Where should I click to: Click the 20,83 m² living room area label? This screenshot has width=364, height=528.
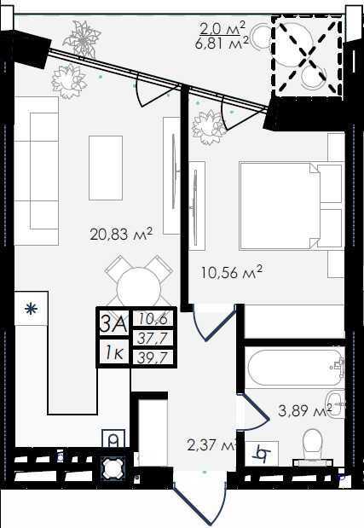[121, 234]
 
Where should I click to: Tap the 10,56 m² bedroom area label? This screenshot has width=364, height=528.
[231, 272]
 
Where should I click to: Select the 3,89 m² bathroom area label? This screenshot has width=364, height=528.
[305, 410]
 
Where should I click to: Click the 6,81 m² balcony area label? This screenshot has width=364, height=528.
[222, 44]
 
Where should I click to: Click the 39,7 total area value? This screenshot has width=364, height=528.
[153, 357]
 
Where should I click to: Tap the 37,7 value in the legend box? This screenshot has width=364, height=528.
[153, 338]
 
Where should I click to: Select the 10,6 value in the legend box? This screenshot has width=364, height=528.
[153, 318]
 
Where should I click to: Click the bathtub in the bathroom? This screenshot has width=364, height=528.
[295, 368]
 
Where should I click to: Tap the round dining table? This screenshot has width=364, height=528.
[138, 287]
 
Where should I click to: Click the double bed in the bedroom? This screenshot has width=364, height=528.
[292, 206]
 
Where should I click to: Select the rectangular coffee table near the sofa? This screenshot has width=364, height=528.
[106, 168]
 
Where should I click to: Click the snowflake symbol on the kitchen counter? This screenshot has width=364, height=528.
[31, 309]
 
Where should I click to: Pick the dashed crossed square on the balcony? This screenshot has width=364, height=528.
[308, 56]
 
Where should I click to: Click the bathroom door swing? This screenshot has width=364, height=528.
[253, 412]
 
